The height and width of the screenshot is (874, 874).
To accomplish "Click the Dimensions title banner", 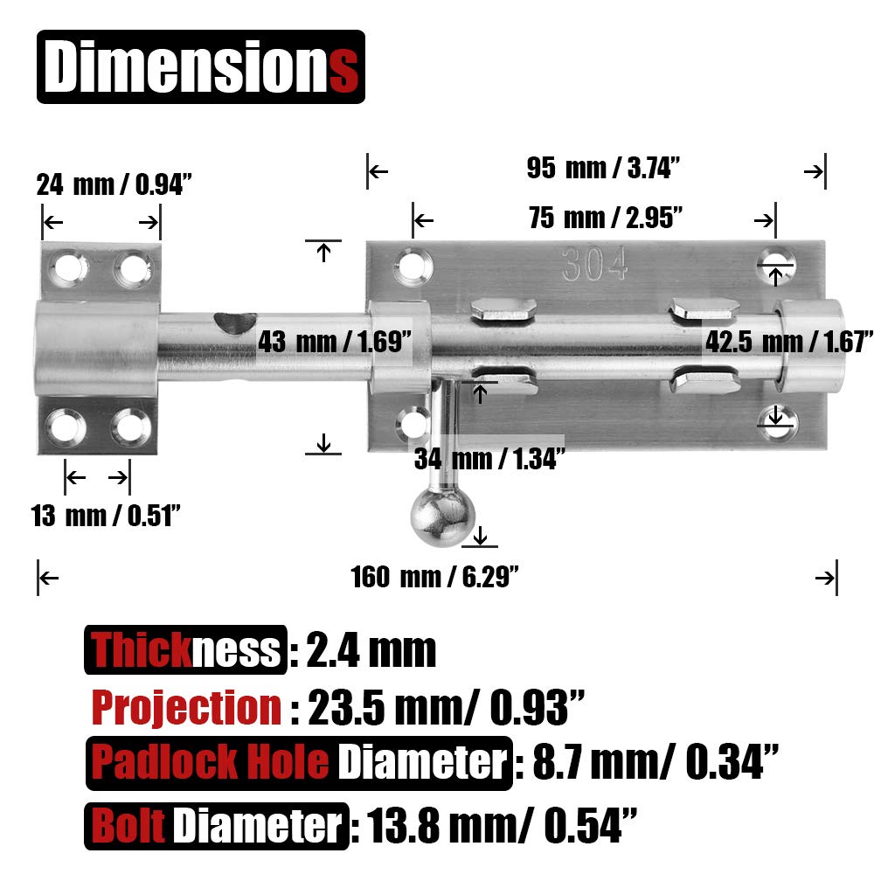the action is point(201,67).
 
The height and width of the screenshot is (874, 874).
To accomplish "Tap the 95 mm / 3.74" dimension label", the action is point(604,168).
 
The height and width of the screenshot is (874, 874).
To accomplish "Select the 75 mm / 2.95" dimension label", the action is point(606,218).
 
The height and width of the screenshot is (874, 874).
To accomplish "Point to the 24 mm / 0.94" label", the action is point(114,184).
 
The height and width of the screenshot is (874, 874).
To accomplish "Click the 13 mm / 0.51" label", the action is point(106,515).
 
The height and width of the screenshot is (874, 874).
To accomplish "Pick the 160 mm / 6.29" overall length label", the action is point(434,576).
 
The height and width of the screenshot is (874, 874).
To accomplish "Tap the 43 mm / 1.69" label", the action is point(335,341).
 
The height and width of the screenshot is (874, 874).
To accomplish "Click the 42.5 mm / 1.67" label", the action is point(788,341).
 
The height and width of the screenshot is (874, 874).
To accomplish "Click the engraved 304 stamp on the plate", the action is point(594,264).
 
